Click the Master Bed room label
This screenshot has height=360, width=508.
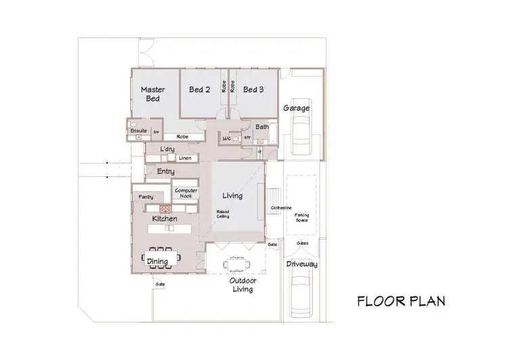(x=153, y=94)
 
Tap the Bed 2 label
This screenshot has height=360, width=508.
(x=200, y=89)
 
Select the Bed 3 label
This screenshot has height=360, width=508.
(x=253, y=89)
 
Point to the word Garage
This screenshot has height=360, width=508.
(x=296, y=108)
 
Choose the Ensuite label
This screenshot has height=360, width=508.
(x=140, y=130)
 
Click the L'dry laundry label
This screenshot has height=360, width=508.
(x=167, y=149)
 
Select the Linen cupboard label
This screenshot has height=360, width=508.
(x=185, y=159)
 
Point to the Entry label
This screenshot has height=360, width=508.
(x=166, y=172)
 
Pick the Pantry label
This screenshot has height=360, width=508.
(x=146, y=197)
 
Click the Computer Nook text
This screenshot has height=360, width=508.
(x=186, y=194)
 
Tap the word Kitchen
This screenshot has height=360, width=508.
(x=165, y=219)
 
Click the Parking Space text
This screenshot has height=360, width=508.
(x=301, y=218)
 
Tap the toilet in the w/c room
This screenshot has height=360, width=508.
(x=235, y=138)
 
